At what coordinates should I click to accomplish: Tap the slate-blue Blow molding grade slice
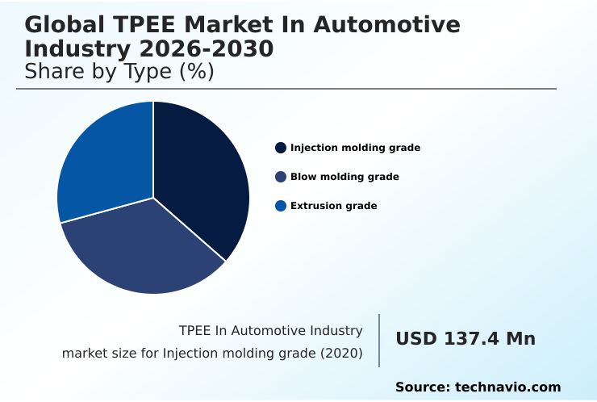[141, 250]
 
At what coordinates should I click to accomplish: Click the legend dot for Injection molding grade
[281, 148]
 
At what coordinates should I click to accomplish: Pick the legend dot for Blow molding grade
[281, 177]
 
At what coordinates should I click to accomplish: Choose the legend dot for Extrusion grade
[281, 206]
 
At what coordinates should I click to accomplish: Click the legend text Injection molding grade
[355, 148]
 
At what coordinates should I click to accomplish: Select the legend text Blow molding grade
[344, 177]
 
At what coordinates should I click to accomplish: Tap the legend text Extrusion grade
[333, 206]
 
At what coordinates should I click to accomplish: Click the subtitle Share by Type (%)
[119, 72]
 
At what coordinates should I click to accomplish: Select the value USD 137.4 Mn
[465, 339]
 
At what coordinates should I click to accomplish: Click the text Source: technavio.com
[478, 387]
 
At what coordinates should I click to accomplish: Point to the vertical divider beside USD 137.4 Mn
[379, 341]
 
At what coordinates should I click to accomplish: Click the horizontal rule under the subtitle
[286, 89]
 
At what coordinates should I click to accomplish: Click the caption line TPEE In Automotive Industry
[270, 330]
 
